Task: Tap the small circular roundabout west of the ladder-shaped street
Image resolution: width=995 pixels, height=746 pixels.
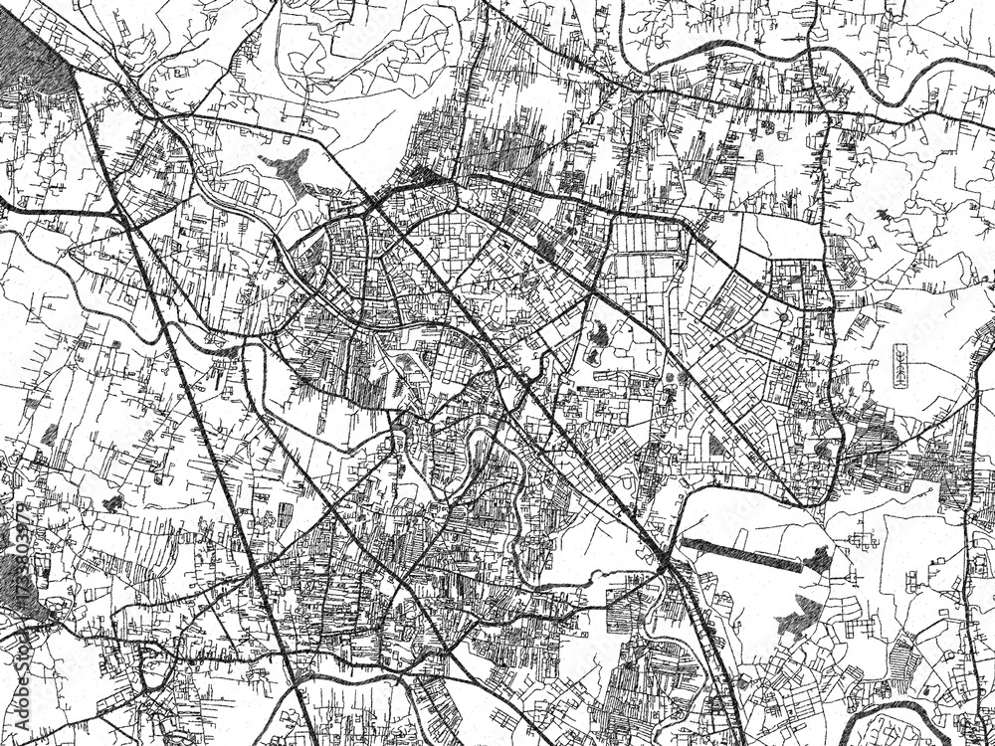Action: [783, 318]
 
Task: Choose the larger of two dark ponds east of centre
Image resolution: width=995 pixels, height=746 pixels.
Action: [599, 337]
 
